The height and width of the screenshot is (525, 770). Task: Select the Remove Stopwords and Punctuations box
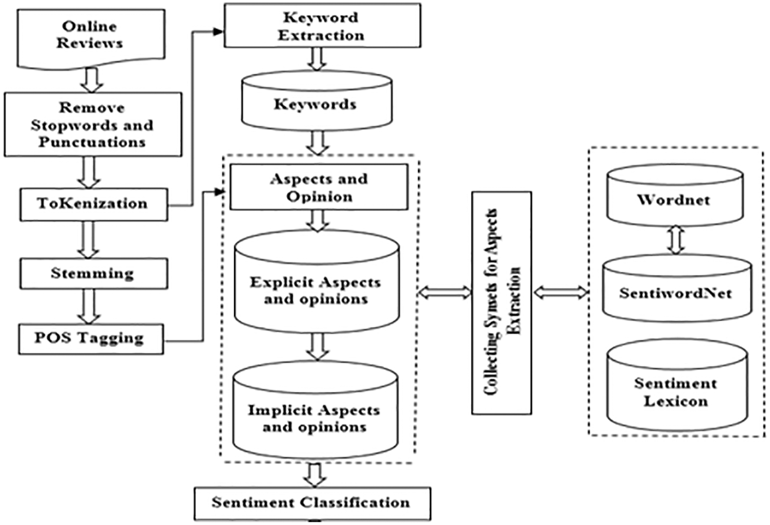pos(93,124)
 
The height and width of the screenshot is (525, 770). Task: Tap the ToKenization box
pos(93,204)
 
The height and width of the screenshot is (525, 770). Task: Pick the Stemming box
pos(93,274)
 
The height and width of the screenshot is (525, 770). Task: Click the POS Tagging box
pos(91,339)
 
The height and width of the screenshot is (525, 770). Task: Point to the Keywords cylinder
pos(316,104)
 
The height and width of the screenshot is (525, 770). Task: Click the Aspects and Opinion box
pos(319,187)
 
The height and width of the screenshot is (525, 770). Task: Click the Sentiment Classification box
pos(311,502)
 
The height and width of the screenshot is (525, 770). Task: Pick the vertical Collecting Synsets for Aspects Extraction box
pos(502,302)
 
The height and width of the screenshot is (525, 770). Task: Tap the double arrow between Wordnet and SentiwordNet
pos(676,240)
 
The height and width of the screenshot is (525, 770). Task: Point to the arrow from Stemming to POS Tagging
pos(90,306)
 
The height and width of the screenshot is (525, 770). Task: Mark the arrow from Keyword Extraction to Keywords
pos(318,59)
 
